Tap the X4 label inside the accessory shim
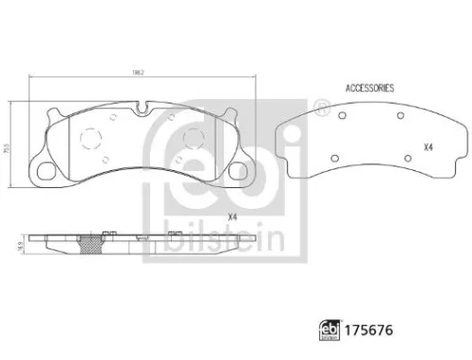(427, 147)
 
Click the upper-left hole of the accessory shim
(346, 115)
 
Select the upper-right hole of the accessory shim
(400, 115)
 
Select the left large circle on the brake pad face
(93, 139)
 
